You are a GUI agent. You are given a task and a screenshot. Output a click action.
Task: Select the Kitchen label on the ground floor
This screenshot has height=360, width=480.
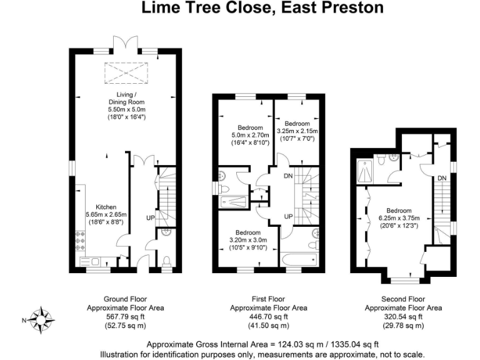pos(106,207)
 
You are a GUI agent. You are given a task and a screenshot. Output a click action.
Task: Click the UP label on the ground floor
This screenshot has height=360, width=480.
pos(150,217)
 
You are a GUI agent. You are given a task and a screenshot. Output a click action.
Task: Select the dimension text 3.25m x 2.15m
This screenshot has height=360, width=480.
pos(297,131)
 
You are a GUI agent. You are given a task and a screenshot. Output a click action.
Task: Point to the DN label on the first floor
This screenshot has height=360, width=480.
pos(287,176)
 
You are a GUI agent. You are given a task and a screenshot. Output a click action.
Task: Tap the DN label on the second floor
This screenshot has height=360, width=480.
pos(441,179)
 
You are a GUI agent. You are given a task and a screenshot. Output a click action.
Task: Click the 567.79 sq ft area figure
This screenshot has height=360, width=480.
pos(116,317)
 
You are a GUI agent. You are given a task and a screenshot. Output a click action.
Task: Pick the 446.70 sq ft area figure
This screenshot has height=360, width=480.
pos(260,317)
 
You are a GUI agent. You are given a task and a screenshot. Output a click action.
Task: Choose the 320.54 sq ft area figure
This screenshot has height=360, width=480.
pos(403,317)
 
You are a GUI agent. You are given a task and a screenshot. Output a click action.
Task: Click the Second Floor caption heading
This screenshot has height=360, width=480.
pos(403,299)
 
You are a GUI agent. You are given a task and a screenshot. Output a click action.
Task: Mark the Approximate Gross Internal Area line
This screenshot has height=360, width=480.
pos(262,344)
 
